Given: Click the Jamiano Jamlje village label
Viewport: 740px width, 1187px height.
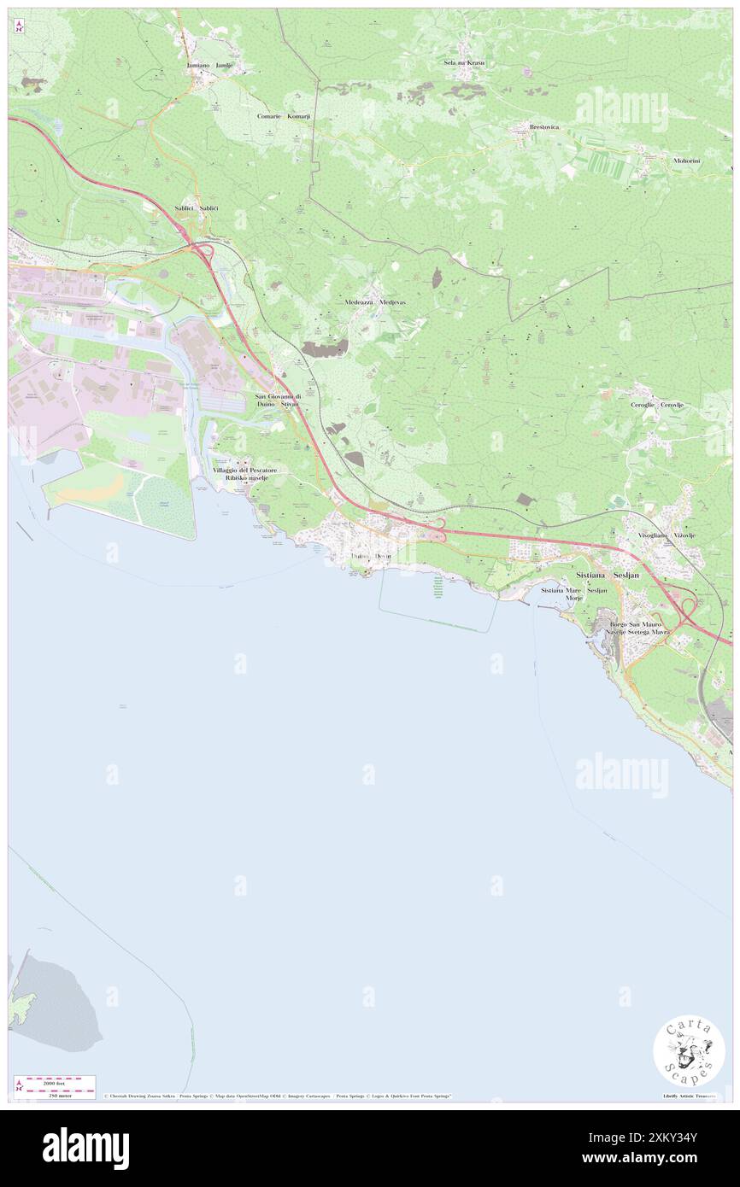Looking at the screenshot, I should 209,65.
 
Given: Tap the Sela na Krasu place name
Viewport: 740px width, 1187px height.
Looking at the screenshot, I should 464,63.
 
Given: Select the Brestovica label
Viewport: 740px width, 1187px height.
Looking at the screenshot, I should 543,127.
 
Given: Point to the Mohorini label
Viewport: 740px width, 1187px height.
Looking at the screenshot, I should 685,160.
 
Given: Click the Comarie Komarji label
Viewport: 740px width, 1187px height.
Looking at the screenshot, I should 284,116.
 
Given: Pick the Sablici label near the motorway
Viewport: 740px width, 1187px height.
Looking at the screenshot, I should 197,208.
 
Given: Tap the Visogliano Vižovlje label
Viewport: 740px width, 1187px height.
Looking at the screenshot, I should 667,535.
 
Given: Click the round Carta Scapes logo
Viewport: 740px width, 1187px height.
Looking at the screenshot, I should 689,1051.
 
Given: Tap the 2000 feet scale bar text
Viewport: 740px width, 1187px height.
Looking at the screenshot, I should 57,1081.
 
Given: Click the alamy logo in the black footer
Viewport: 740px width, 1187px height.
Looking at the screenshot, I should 85,1148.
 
